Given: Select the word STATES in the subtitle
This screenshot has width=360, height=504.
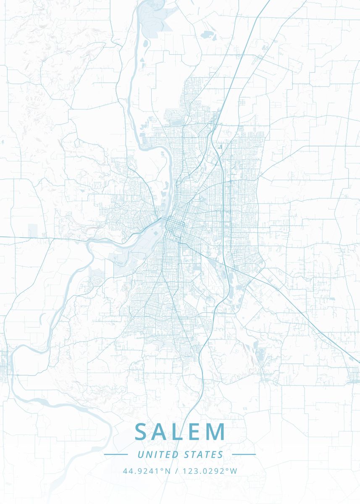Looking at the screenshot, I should click(204, 454).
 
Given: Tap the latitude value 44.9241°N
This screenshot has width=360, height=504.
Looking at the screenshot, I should click(147, 471).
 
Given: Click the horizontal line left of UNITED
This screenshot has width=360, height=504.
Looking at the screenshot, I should click(116, 454).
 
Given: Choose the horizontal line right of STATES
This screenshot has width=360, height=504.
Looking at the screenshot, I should click(244, 454).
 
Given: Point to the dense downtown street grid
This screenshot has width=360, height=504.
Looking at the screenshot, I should click(174, 227).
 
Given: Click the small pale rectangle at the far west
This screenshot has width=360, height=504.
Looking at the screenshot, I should click(32, 230).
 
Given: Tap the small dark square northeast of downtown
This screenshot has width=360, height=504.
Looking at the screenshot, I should click(220, 147).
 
